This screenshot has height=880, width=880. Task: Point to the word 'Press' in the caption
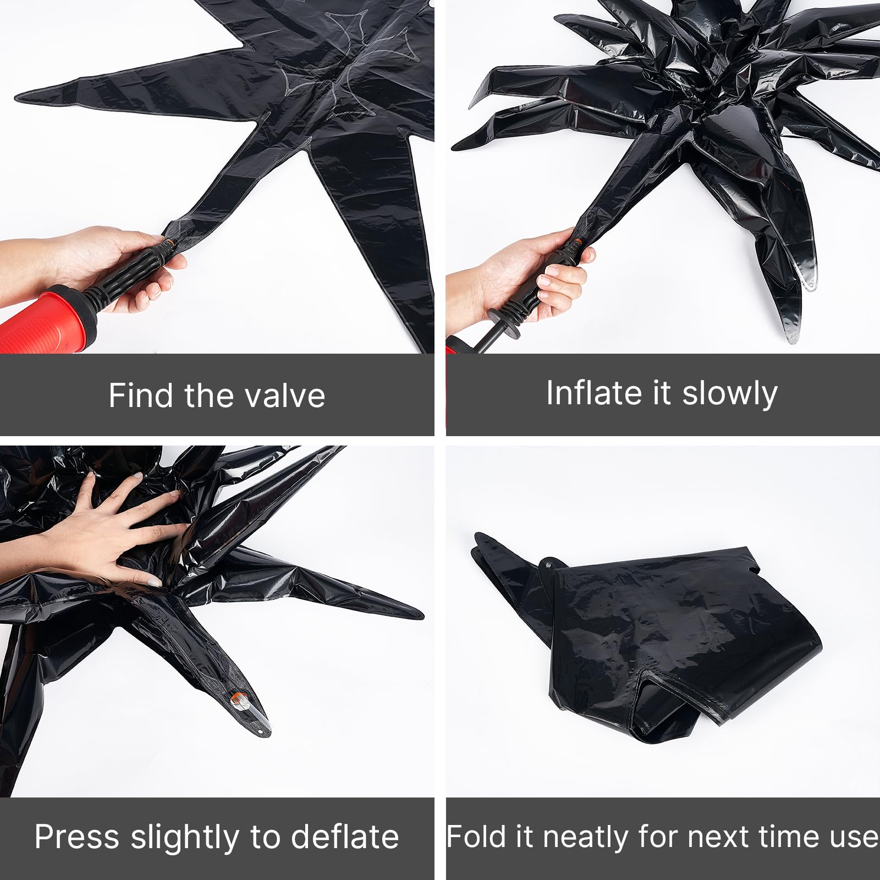click(77, 837)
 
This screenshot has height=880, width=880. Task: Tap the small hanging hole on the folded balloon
click(548, 564)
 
